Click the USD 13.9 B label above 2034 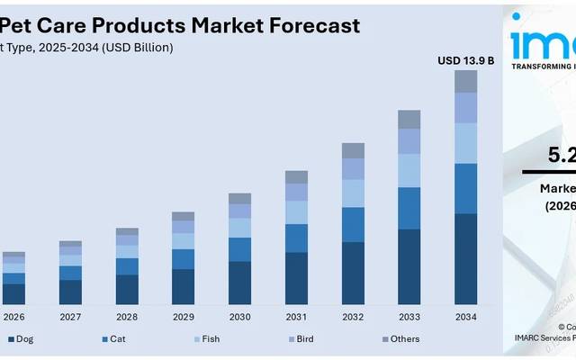click(465, 60)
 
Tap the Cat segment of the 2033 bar click(409, 208)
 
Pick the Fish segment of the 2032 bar click(353, 193)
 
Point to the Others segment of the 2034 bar click(465, 81)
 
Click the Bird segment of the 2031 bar click(296, 192)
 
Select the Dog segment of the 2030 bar click(239, 283)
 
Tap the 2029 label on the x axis click(183, 317)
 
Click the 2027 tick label click(70, 317)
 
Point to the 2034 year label click(465, 317)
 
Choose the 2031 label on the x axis click(296, 317)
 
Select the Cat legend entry click(116, 339)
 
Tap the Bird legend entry click(304, 339)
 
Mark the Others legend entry click(401, 339)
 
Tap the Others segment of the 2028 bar click(127, 231)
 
